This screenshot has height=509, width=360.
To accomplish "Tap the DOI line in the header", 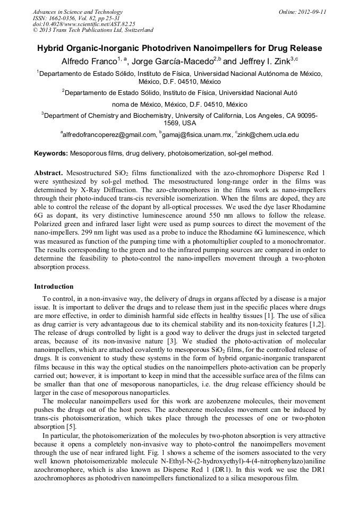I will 84,24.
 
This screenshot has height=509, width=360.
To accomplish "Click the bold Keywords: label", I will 51,153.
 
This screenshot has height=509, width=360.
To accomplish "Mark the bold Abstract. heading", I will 49,173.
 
